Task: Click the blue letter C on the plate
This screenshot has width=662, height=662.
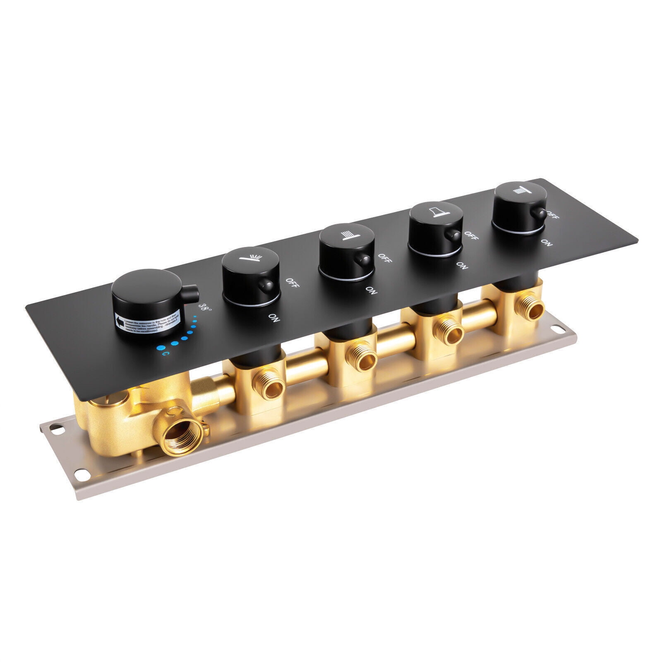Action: [x=165, y=354]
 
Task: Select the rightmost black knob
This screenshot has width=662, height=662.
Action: [x=517, y=205]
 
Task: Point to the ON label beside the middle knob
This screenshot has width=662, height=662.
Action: [x=371, y=291]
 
